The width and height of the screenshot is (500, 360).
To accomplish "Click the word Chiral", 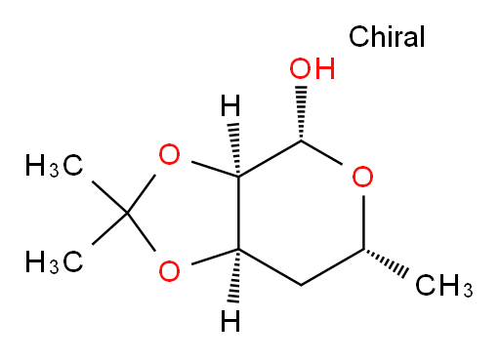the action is (387, 36).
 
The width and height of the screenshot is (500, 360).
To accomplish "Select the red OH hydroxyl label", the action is (312, 68).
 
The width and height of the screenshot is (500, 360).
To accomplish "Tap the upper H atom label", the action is (230, 105).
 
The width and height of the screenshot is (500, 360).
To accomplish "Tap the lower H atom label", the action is (230, 321).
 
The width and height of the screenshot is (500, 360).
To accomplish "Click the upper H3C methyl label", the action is (54, 166).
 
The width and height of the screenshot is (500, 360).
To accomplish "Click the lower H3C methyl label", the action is (54, 261).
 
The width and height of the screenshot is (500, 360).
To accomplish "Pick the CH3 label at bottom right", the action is (444, 286).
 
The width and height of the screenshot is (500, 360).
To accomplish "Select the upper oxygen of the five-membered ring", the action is (169, 154).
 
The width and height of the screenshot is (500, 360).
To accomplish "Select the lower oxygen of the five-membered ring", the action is (169, 271).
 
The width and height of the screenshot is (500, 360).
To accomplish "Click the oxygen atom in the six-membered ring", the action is (362, 177).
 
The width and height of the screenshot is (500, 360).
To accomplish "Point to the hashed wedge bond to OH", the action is (301, 113).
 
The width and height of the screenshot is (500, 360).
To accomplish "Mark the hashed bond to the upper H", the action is (235, 149).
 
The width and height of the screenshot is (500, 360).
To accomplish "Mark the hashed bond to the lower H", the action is (235, 276).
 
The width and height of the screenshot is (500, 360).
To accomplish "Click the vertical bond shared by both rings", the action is (238, 213).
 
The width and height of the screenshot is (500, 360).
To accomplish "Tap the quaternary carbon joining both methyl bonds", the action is (128, 214).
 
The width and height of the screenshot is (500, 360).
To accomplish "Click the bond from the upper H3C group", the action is (110, 197).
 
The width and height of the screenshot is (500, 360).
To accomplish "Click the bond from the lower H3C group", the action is (110, 229).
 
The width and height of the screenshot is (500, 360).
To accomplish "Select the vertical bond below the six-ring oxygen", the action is (363, 222).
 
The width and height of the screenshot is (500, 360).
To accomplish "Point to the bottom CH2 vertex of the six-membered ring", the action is (301, 286).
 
